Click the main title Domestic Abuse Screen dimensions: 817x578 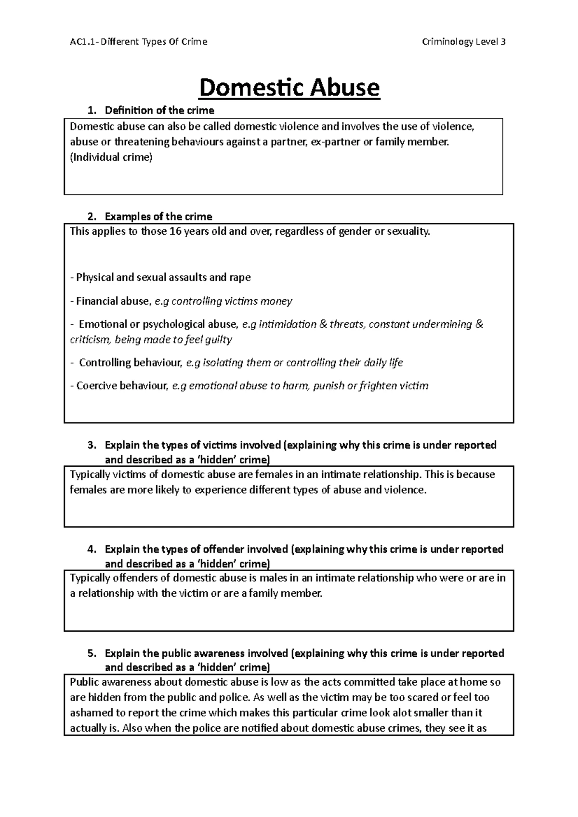click(289, 88)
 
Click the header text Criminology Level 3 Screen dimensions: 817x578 click(463, 42)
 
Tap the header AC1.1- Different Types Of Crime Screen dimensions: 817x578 click(139, 42)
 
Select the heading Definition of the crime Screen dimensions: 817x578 click(159, 110)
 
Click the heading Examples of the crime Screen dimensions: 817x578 click(158, 216)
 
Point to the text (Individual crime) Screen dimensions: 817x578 click(111, 157)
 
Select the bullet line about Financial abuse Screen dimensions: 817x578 click(181, 301)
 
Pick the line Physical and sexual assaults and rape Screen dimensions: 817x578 click(160, 278)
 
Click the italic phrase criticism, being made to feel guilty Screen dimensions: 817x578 click(151, 340)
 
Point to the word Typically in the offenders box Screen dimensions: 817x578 click(90, 578)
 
